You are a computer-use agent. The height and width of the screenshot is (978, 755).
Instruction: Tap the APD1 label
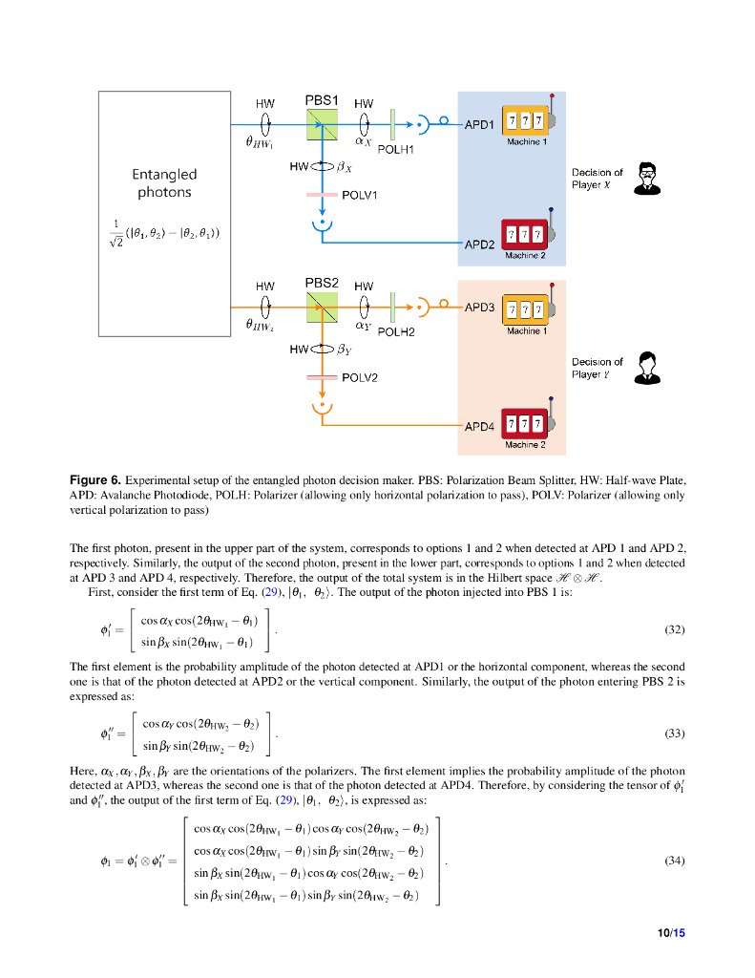tap(479, 125)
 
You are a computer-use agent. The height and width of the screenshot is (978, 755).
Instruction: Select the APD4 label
tap(479, 426)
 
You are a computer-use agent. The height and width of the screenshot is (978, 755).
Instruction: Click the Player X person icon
tap(649, 179)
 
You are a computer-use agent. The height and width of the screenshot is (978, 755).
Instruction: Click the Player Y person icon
tap(649, 367)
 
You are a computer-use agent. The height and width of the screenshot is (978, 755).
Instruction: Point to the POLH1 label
tap(395, 150)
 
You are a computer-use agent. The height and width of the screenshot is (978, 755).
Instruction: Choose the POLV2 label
tap(360, 378)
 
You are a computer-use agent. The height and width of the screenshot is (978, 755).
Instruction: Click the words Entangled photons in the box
tap(164, 183)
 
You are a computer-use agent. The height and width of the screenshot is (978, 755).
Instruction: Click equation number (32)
tap(674, 630)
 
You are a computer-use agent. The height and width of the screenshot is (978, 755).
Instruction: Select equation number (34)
tap(674, 860)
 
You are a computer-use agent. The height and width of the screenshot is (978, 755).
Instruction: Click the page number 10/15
tap(672, 932)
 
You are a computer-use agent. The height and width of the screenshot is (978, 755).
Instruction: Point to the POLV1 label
tap(360, 195)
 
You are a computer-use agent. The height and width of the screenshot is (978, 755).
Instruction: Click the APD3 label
tap(479, 308)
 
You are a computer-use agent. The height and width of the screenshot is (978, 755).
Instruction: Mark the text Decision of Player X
tap(597, 179)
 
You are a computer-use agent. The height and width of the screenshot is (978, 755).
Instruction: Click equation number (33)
tap(674, 733)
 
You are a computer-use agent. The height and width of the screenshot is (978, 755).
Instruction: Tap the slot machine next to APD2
tap(527, 234)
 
